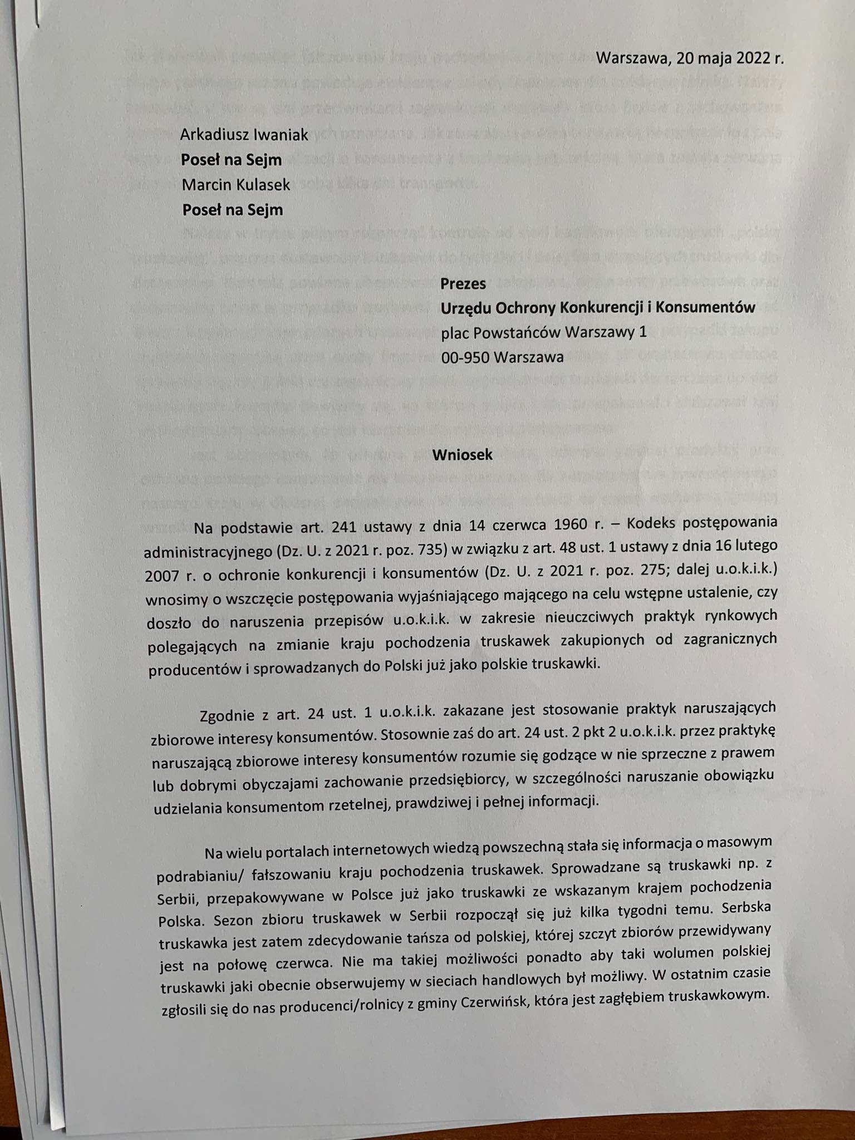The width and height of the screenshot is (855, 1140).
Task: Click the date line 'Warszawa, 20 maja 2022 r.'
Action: pyautogui.click(x=690, y=58)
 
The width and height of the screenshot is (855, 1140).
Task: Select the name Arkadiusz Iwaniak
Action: pyautogui.click(x=244, y=135)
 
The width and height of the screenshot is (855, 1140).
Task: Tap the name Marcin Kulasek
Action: pyautogui.click(x=236, y=185)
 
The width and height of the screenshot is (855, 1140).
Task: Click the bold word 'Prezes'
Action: pyautogui.click(x=463, y=283)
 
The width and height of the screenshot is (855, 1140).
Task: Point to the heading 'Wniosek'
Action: pyautogui.click(x=463, y=454)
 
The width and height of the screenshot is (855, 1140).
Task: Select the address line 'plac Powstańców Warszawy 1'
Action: pyautogui.click(x=544, y=332)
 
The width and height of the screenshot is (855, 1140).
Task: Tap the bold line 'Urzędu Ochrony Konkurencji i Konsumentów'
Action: pyautogui.click(x=598, y=307)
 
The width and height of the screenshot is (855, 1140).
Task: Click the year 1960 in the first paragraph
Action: pyautogui.click(x=586, y=524)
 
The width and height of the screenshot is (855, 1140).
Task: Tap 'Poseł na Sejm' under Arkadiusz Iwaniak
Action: pyautogui.click(x=232, y=160)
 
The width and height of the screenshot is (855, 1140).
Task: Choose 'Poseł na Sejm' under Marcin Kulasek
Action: pyautogui.click(x=233, y=210)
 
